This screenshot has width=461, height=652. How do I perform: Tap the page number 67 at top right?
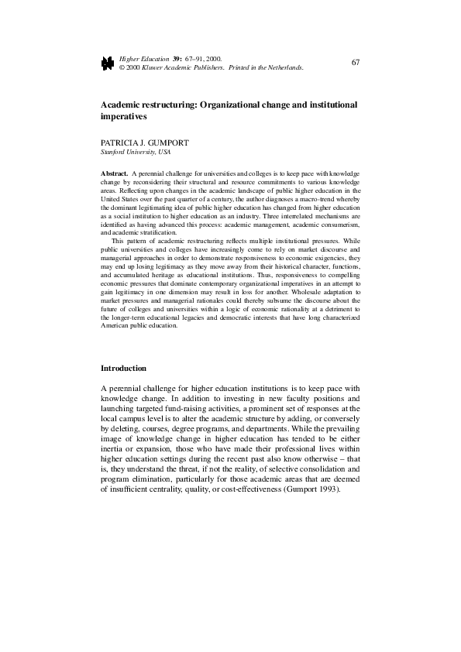pos(356,61)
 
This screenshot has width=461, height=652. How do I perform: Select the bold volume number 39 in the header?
pos(176,58)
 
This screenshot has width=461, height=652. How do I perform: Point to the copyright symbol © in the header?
pos(122,67)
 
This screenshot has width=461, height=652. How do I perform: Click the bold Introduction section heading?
pos(124,367)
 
